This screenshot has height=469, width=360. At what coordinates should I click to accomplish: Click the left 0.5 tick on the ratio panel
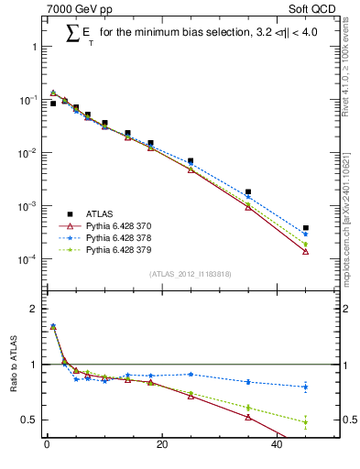(29, 420)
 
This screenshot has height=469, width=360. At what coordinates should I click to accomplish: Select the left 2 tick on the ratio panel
(32, 309)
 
